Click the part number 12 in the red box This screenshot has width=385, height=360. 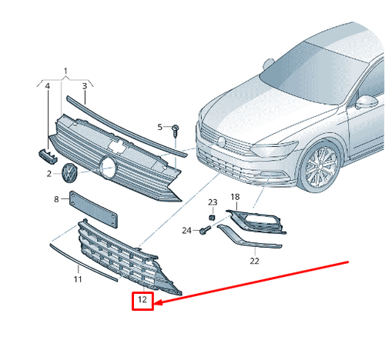tap(142, 299)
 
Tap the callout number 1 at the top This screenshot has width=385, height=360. tap(65, 71)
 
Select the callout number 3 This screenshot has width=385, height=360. tap(85, 86)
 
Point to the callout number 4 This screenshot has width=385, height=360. tap(48, 86)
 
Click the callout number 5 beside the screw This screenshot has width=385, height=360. tap(160, 127)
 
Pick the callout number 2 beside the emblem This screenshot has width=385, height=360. tap(49, 174)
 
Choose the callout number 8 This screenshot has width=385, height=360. tap(56, 199)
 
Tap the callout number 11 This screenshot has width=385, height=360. tap(78, 279)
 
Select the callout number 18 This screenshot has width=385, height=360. tap(235, 197)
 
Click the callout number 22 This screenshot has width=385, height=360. tap(254, 261)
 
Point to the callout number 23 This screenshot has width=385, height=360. tap(213, 202)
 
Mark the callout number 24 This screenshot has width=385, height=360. tap(186, 231)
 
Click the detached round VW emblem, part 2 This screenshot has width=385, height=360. tap(69, 173)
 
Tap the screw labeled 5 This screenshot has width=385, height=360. tap(176, 131)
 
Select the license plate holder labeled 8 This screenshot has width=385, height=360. tap(93, 209)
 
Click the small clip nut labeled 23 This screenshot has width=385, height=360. tap(212, 218)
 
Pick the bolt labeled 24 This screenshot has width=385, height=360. tap(205, 229)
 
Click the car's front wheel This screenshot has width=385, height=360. tap(321, 166)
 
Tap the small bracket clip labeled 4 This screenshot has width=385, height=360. tap(48, 156)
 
